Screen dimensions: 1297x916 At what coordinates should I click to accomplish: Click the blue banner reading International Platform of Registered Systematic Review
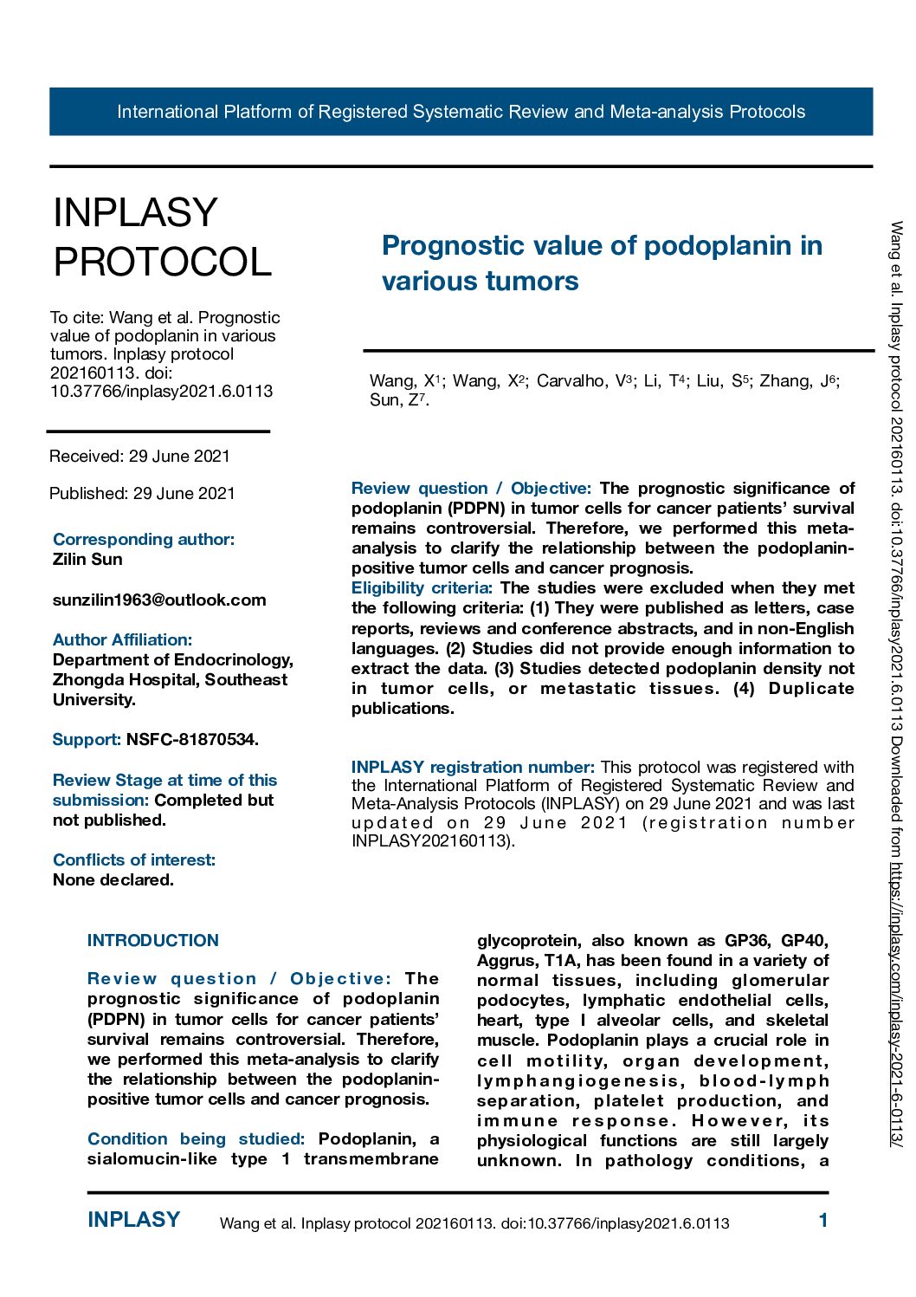(461, 112)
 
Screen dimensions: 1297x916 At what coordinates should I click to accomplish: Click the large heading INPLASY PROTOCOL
(162, 237)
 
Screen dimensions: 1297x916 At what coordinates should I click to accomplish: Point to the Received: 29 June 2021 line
(139, 456)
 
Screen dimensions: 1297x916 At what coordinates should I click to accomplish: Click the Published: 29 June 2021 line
(142, 493)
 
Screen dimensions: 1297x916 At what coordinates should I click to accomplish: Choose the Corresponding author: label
(144, 539)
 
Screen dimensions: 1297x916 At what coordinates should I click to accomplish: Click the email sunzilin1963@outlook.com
(159, 600)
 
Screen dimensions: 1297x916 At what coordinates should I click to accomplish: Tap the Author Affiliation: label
(122, 639)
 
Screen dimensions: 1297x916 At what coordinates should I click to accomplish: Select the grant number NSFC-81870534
(192, 739)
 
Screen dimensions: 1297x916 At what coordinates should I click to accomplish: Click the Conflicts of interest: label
(134, 859)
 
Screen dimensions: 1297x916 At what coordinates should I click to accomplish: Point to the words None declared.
(113, 879)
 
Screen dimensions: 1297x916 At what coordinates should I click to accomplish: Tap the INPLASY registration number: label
(473, 767)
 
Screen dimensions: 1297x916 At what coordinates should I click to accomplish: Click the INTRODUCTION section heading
(153, 940)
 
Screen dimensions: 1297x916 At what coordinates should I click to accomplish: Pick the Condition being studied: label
(196, 1138)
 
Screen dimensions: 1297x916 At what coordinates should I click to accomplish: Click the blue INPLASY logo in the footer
(133, 1220)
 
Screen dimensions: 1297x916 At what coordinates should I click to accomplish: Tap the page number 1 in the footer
(822, 1221)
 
